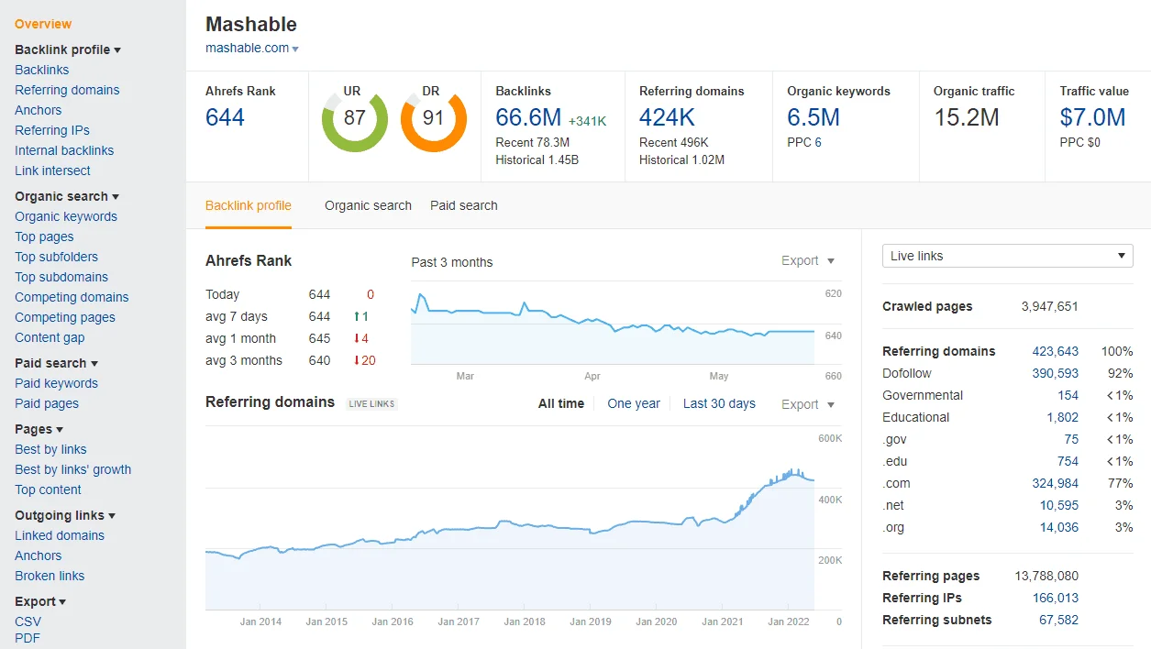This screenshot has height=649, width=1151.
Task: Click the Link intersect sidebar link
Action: coord(52,170)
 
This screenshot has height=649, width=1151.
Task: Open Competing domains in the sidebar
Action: coord(72,297)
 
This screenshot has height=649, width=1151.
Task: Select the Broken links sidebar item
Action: coord(50,576)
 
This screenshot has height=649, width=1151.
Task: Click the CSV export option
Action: coord(28,621)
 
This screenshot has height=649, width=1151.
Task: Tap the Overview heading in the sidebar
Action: coord(43,24)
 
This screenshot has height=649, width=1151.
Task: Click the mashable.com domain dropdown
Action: coord(252,49)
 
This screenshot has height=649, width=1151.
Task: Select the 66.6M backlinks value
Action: coord(528,117)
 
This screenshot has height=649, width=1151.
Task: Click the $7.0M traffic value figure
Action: coord(1092,117)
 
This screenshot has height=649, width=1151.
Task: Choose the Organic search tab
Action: coord(368,205)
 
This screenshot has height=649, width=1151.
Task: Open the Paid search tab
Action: coord(464,205)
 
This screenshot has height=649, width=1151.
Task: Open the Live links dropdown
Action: coord(1007,256)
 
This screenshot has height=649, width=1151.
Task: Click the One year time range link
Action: coord(634,403)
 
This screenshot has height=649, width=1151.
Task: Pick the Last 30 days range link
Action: coord(719,403)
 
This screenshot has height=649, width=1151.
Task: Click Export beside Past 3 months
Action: coord(807,261)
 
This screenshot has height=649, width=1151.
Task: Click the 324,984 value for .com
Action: coord(1055,483)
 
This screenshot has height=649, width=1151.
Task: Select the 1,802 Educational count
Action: coord(1062,417)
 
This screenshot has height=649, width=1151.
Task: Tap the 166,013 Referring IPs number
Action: coord(1055,598)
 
